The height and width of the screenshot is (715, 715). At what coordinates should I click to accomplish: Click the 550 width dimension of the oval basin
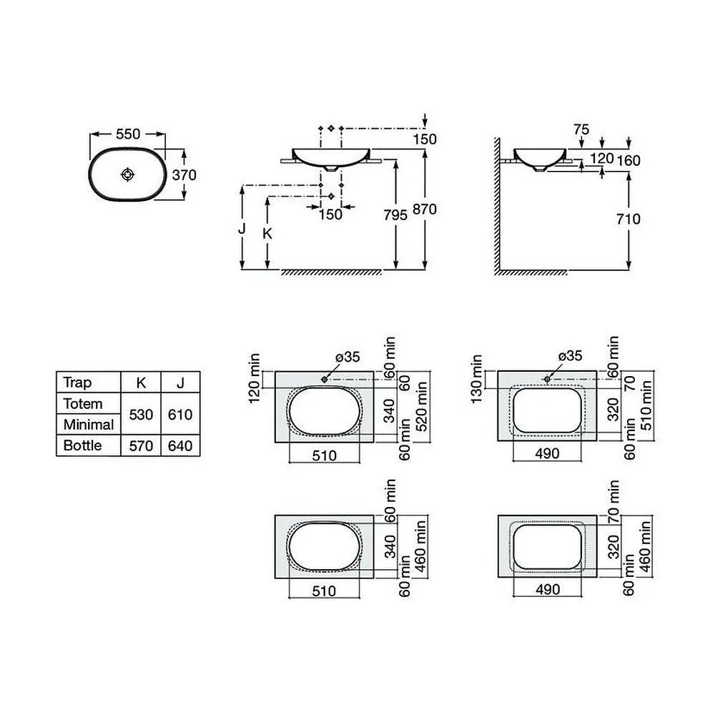pyautogui.click(x=128, y=134)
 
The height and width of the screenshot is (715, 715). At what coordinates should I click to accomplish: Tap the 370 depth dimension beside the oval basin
pyautogui.click(x=184, y=174)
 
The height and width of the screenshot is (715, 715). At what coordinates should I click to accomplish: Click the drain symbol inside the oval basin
pyautogui.click(x=128, y=174)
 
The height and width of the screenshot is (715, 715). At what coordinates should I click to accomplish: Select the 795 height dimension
pyautogui.click(x=395, y=214)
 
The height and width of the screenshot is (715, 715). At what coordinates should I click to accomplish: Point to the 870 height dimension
pyautogui.click(x=425, y=209)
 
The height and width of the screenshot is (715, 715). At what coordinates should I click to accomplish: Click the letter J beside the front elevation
pyautogui.click(x=242, y=228)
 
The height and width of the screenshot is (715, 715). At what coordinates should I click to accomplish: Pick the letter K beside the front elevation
pyautogui.click(x=267, y=234)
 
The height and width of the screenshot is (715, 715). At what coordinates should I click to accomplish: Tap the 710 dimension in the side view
pyautogui.click(x=628, y=219)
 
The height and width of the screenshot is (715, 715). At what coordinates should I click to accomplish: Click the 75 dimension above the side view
pyautogui.click(x=581, y=129)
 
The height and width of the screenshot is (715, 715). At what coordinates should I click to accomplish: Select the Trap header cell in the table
pyautogui.click(x=77, y=382)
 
